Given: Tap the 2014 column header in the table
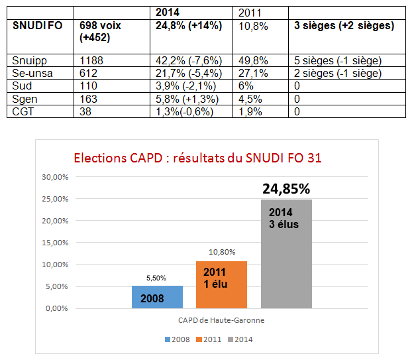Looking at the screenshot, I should (x=169, y=12).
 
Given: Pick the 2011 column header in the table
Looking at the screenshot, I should (x=250, y=12).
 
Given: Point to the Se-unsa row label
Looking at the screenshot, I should (x=31, y=73).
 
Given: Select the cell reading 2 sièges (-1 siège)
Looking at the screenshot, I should (x=338, y=73).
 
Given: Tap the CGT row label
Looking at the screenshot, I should (x=24, y=111).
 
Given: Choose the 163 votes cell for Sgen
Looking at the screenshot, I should (x=88, y=99).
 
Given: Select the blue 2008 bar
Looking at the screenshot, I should (x=157, y=297).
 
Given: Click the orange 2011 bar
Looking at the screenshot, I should (x=221, y=284).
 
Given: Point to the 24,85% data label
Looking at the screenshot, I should (x=286, y=189).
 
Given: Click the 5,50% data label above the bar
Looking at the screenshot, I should (x=156, y=278).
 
